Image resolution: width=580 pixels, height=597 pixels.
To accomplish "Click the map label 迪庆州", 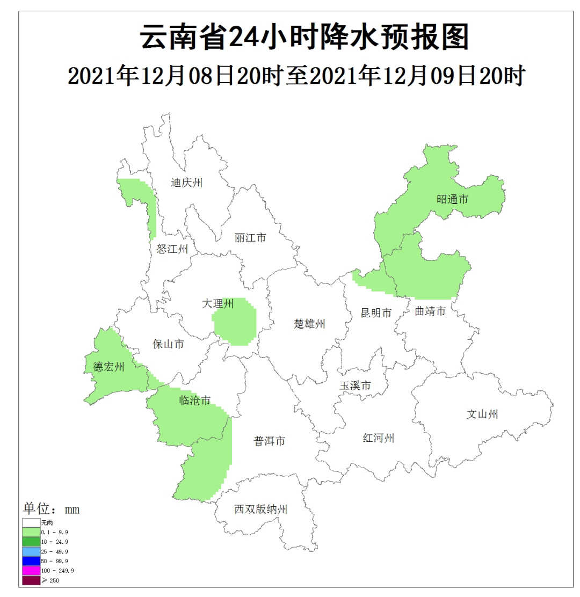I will pyautogui.click(x=186, y=183).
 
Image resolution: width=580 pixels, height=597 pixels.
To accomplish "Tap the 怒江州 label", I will pyautogui.click(x=172, y=249).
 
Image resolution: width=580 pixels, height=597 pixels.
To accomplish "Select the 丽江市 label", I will pyautogui.click(x=250, y=237).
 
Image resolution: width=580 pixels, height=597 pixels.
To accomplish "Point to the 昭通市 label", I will pyautogui.click(x=452, y=200).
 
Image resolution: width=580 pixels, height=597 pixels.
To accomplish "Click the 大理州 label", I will pyautogui.click(x=218, y=304).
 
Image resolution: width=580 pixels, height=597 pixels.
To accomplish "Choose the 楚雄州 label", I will pyautogui.click(x=310, y=324).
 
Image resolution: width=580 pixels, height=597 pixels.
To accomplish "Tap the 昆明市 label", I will pyautogui.click(x=376, y=313).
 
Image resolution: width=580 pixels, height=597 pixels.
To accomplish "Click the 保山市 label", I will pyautogui.click(x=168, y=344).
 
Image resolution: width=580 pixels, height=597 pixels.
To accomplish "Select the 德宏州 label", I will pyautogui.click(x=109, y=367).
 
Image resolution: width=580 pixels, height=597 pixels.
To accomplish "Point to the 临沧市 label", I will pyautogui.click(x=194, y=400).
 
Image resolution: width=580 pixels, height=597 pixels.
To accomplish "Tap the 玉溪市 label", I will pyautogui.click(x=356, y=386).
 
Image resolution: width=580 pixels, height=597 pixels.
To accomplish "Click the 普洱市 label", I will pyautogui.click(x=269, y=441).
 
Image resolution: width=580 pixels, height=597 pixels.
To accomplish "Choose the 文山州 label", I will pyautogui.click(x=482, y=414).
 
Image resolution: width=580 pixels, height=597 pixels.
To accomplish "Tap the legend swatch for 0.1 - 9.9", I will pyautogui.click(x=31, y=532).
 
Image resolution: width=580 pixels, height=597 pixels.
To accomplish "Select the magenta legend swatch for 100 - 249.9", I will pyautogui.click(x=31, y=570).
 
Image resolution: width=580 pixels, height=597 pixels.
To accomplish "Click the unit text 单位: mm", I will pyautogui.click(x=51, y=509).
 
